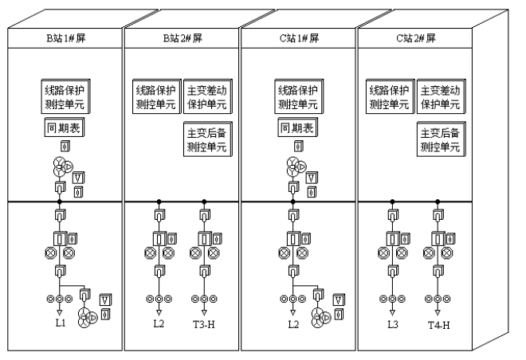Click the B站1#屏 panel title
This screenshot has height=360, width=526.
click(65, 37)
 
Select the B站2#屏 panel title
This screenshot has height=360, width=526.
click(182, 37)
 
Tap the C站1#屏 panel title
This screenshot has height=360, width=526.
click(299, 37)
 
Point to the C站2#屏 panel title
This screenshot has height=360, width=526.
click(415, 37)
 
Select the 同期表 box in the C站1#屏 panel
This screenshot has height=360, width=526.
click(295, 127)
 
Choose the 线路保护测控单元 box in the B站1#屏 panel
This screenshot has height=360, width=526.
click(62, 96)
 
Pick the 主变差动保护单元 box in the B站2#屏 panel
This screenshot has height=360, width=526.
click(206, 96)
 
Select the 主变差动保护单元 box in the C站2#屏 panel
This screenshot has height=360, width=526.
click(440, 96)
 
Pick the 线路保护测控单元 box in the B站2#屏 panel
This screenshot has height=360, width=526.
click(155, 96)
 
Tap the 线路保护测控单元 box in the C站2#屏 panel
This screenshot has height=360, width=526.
click(390, 96)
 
